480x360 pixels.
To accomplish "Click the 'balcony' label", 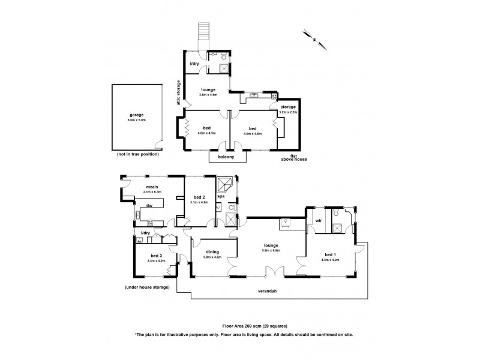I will coord(227,157).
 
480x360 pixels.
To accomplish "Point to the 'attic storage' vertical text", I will coord(178,93).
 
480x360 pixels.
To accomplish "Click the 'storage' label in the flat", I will coord(287,107).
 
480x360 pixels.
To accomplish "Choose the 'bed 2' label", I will coord(200,197).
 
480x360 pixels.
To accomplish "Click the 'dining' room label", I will coord(212,252).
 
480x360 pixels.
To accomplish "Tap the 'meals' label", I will coord(143,187).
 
